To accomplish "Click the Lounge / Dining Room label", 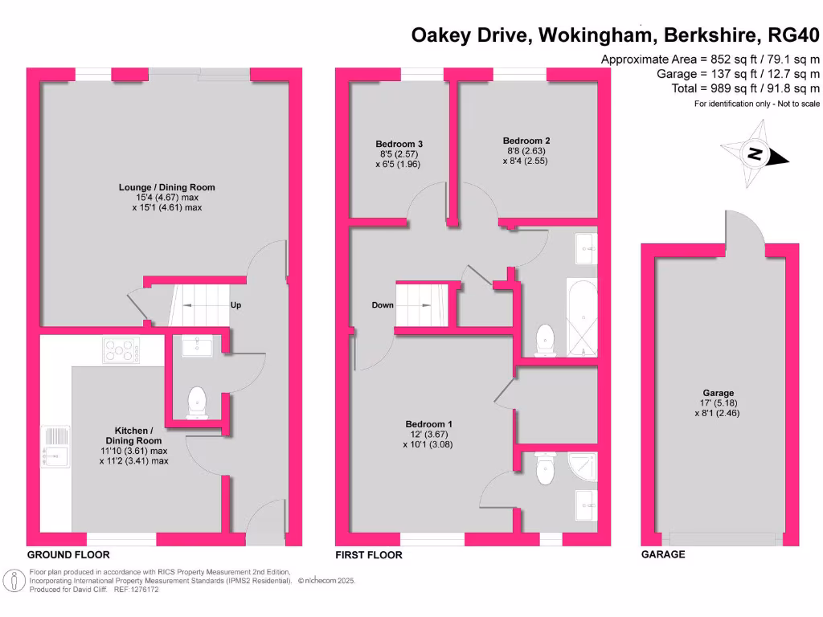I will click(166, 187).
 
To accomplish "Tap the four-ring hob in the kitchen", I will click(121, 350).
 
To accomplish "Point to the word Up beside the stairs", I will click(235, 305).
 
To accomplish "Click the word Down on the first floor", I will click(383, 305).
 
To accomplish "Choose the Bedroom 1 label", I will click(429, 424).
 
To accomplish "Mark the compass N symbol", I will click(755, 153).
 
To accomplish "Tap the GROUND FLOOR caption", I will click(68, 555).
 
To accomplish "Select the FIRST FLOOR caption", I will click(370, 555).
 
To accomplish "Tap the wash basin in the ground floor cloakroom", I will click(197, 346).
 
